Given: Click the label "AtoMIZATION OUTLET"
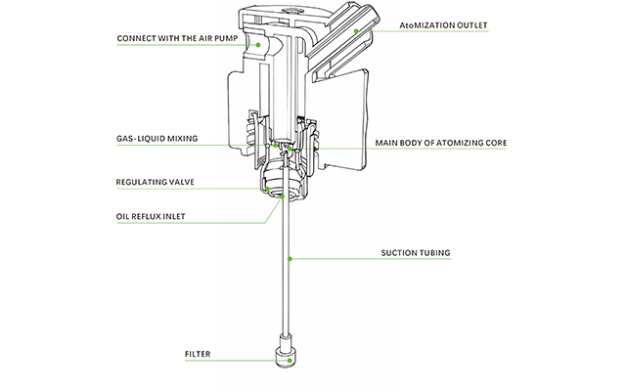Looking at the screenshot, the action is (443, 25).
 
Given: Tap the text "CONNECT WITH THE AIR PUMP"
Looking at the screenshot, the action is (177, 39).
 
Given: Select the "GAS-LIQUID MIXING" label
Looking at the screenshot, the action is (157, 139).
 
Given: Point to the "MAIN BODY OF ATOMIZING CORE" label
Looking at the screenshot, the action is (441, 143).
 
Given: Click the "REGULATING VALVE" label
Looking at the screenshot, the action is (156, 182).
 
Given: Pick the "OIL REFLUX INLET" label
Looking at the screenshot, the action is (151, 217).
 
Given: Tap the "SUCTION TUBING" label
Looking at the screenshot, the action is (416, 253).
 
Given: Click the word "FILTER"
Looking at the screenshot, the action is (198, 354).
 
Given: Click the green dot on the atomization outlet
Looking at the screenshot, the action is (356, 30).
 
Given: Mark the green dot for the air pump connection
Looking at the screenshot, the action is (258, 45).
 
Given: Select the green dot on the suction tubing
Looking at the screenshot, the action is (290, 259).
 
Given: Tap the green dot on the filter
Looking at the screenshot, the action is (290, 361).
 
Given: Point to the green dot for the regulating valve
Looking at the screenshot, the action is (268, 189).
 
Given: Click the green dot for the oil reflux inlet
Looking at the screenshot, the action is (283, 196).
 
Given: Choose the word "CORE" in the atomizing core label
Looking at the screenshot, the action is (496, 143).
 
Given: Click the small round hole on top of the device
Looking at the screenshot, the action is (287, 10).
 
